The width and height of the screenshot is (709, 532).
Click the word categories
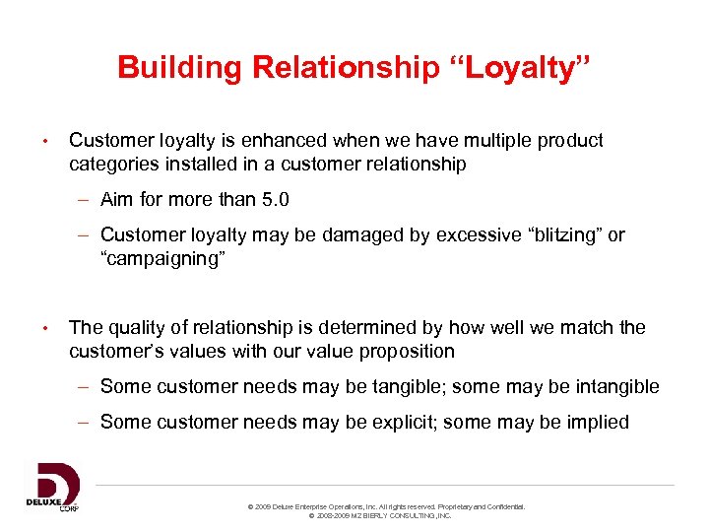point(114,165)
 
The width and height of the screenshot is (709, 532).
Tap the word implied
point(594,423)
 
